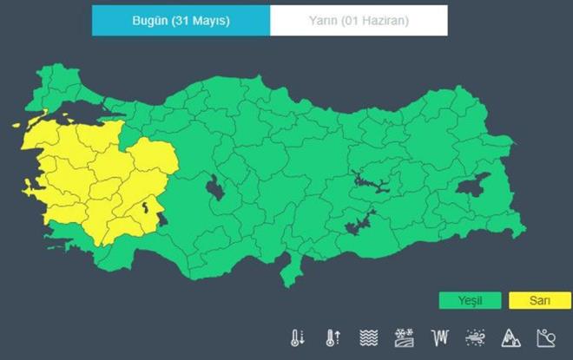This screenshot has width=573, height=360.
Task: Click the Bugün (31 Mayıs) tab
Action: (181, 21)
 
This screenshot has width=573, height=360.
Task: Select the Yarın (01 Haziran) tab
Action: (359, 21)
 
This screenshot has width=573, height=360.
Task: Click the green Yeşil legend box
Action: (470, 301)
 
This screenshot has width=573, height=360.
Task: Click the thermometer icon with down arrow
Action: (298, 337)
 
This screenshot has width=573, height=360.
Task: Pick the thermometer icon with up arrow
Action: (332, 337)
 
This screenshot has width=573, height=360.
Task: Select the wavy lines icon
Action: (367, 337)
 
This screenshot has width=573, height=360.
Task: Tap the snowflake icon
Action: (404, 337)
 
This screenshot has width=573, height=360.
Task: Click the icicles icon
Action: (439, 337)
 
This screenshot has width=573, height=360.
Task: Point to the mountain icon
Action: (510, 337)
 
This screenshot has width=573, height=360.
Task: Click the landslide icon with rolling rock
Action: (546, 337)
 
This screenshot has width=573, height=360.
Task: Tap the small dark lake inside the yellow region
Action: (145, 207)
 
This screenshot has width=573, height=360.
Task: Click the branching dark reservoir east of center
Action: (368, 184)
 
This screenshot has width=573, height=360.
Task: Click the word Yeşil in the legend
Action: (470, 301)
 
